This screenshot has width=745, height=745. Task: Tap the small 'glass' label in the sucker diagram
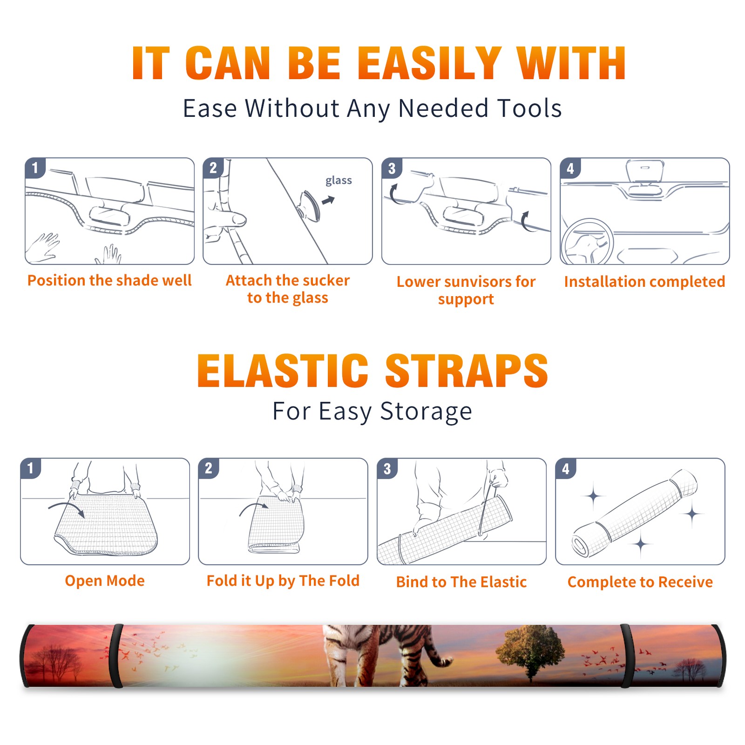pos(339,180)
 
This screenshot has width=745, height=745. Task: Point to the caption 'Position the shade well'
pos(109,280)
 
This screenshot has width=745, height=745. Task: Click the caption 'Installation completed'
pos(644,282)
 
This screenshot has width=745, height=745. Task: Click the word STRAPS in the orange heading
pos(467,371)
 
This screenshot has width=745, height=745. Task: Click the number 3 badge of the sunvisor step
pos(392,168)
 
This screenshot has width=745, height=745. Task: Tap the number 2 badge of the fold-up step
pos(209,468)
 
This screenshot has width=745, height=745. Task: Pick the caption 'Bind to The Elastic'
pos(461,582)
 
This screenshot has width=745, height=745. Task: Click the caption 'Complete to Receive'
pos(640,582)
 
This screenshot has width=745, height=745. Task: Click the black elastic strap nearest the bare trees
pos(116,656)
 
